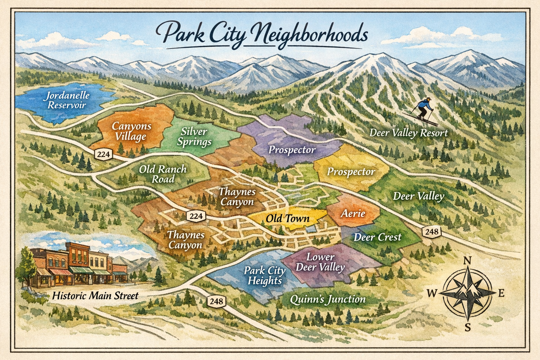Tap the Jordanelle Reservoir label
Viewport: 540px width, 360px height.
pyautogui.click(x=68, y=100)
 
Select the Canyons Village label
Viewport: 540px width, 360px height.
pyautogui.click(x=131, y=131)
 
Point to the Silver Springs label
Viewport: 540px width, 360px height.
pyautogui.click(x=194, y=136)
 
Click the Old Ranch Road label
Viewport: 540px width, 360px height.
pyautogui.click(x=162, y=174)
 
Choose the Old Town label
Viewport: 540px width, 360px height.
pyautogui.click(x=287, y=218)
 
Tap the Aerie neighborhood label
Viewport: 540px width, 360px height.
pyautogui.click(x=353, y=213)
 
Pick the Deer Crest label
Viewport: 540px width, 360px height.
pyautogui.click(x=377, y=237)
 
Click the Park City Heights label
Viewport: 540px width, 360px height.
pyautogui.click(x=265, y=275)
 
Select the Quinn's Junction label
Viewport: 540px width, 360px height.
pyautogui.click(x=328, y=299)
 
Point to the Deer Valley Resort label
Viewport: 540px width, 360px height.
pyautogui.click(x=409, y=133)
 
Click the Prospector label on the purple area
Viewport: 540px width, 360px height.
pyautogui.click(x=292, y=150)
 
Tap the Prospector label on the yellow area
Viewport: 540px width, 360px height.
pyautogui.click(x=351, y=172)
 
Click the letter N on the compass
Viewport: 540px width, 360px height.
pyautogui.click(x=467, y=261)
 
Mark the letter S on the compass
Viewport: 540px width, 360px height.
pyautogui.click(x=467, y=328)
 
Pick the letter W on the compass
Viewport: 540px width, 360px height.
pyautogui.click(x=432, y=293)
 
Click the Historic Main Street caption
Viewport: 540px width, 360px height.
pyautogui.click(x=95, y=296)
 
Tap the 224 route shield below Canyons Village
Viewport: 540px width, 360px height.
pyautogui.click(x=103, y=154)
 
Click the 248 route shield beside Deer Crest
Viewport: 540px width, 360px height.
pyautogui.click(x=431, y=231)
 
